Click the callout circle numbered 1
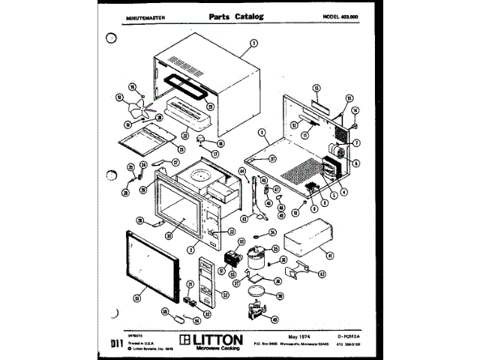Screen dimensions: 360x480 (253, 43)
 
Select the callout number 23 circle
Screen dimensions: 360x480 (210, 106)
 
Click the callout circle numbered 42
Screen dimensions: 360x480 (322, 274)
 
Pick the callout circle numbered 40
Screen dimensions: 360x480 (274, 319)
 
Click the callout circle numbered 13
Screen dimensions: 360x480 (316, 88)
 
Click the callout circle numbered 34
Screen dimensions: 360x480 (273, 232)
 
